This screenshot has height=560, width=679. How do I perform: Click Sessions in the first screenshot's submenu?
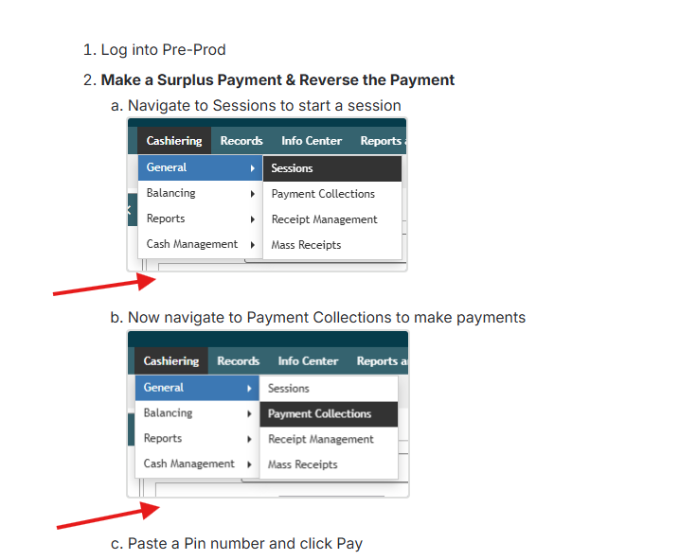[292, 168]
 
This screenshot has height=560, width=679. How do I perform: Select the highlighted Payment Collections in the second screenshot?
[319, 413]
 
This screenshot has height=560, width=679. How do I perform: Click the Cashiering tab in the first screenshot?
[174, 141]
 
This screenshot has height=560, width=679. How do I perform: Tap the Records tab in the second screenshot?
[238, 361]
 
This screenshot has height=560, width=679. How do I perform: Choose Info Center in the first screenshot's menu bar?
[312, 141]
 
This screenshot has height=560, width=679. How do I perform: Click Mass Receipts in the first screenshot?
[306, 245]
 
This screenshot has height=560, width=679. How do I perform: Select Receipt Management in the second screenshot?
[321, 439]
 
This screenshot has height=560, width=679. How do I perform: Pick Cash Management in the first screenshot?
[192, 244]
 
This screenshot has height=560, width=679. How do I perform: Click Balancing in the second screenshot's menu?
[168, 413]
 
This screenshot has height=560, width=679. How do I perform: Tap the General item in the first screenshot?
[167, 167]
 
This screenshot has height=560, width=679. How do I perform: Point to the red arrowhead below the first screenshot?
[147, 281]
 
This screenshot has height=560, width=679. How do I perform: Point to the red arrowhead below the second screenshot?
[151, 510]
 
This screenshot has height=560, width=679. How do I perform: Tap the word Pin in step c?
[195, 543]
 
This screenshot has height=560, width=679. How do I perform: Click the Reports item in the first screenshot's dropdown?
[166, 219]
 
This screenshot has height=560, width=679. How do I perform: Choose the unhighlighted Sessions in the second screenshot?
[289, 389]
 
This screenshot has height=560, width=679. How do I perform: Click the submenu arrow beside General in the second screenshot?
[249, 389]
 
